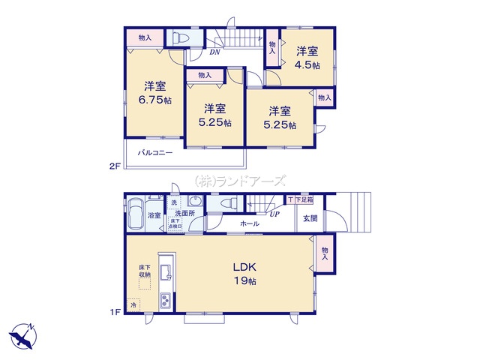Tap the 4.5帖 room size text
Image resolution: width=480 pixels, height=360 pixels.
click(306, 65)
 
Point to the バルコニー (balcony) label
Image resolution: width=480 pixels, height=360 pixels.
click(155, 152)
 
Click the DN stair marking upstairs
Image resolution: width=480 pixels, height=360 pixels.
click(214, 52)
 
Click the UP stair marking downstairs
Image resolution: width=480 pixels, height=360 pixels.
click(275, 214)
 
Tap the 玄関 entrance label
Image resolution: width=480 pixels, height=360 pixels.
click(310, 218)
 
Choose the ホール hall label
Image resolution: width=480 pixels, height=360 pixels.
click(250, 224)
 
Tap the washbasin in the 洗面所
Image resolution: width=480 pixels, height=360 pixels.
click(193, 202)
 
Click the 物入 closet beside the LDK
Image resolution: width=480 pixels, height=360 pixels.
click(325, 253)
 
